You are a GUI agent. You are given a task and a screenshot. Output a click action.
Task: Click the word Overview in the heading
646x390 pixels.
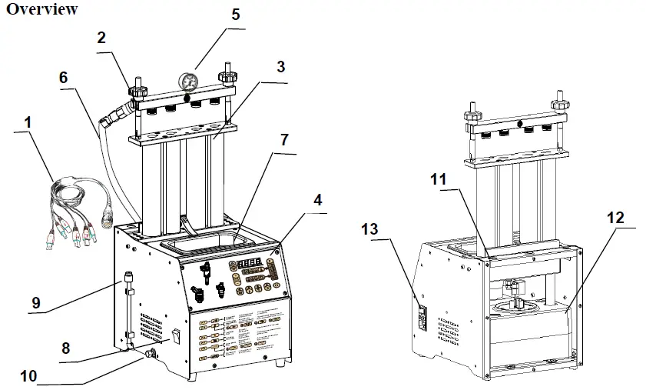click(x=41, y=9)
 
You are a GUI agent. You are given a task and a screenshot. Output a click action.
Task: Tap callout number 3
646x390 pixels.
click(x=281, y=66)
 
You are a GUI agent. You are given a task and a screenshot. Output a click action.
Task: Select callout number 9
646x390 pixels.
click(x=36, y=303)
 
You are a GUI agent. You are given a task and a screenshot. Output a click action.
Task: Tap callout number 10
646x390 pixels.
click(x=28, y=377)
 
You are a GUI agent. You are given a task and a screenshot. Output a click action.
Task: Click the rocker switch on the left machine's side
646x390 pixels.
click(x=177, y=335)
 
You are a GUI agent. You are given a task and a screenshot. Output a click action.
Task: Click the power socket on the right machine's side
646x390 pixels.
click(x=420, y=318)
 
